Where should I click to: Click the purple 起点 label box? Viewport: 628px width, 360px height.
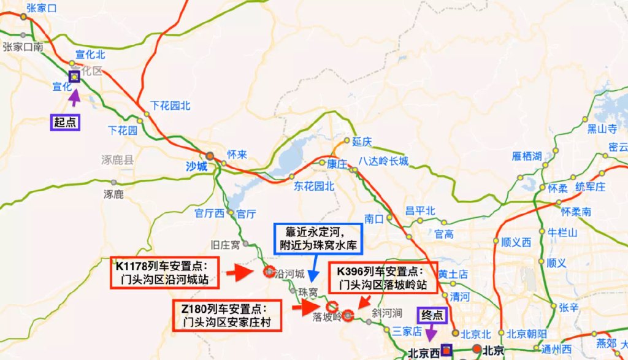click(66, 122)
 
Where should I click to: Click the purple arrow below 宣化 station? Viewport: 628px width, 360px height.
click(74, 98)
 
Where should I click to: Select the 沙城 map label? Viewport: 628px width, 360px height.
click(197, 166)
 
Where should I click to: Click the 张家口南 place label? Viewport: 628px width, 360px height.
click(23, 47)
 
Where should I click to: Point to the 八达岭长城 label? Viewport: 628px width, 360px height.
click(384, 161)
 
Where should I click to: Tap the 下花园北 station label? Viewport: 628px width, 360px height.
click(170, 105)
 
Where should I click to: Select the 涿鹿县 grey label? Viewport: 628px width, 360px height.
click(117, 160)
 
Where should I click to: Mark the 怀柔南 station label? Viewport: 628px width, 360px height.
click(576, 212)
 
